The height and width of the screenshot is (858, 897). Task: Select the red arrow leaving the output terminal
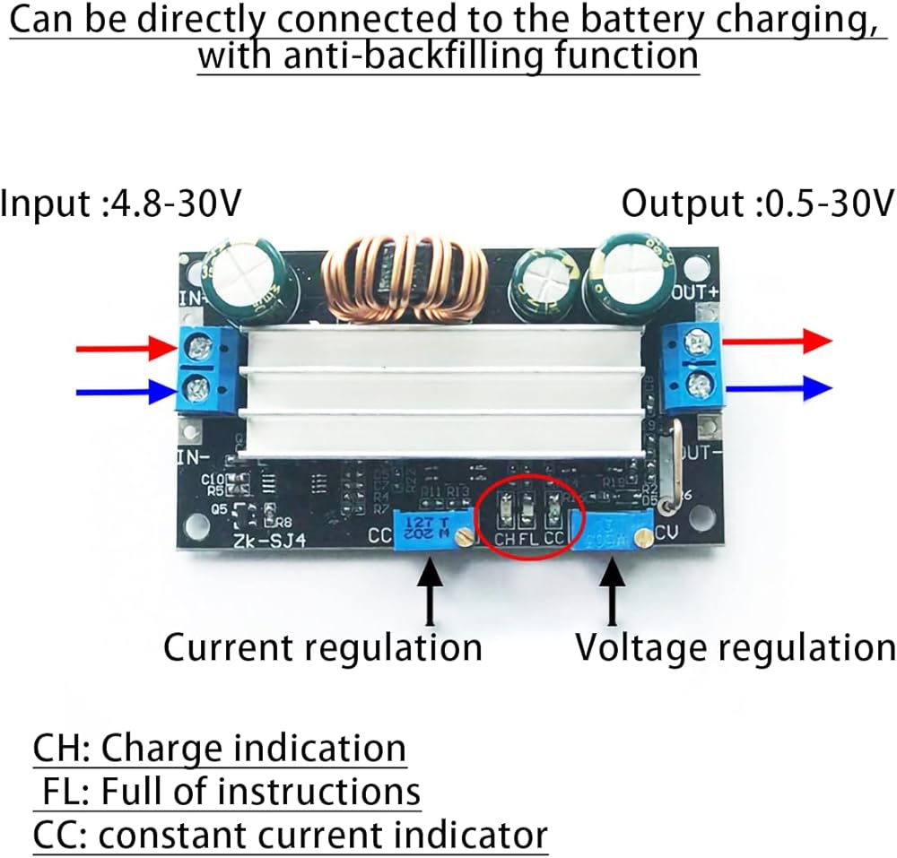tap(777, 341)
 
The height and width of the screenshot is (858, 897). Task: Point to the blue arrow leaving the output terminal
tap(777, 387)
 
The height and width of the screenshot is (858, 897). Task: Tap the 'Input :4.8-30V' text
tap(121, 204)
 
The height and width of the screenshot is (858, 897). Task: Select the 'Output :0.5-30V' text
tap(758, 204)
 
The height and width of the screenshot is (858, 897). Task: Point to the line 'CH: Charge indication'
tap(220, 748)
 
